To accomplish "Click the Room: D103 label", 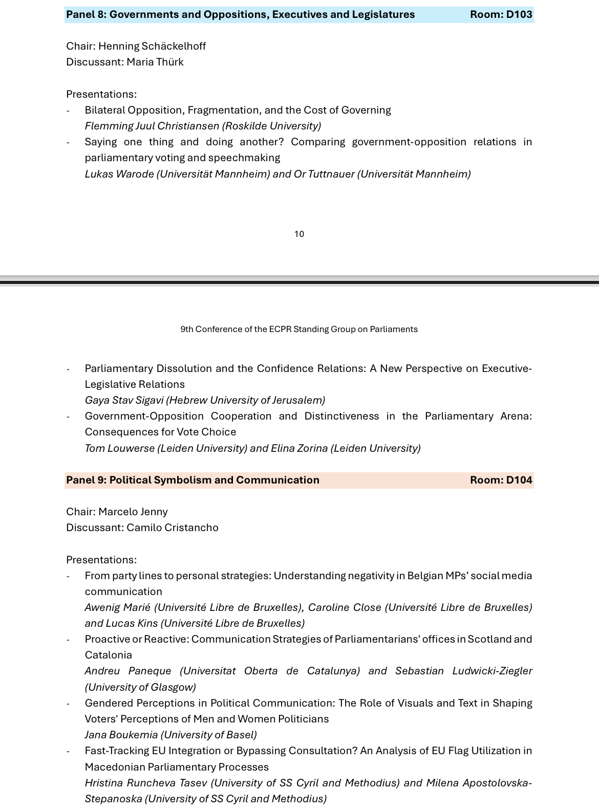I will [501, 14].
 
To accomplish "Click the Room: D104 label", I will [501, 480].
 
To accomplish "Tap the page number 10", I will [299, 234].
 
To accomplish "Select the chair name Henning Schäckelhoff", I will [152, 46].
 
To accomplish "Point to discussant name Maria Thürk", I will [155, 62].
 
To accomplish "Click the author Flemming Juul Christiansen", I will [152, 126].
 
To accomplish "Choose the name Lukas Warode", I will [119, 174].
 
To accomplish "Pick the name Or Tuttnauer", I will [324, 174].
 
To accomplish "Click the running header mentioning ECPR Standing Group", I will [299, 330].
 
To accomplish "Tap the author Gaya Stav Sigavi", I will [124, 400].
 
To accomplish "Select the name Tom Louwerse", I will [119, 448].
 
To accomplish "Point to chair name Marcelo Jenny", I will [133, 512].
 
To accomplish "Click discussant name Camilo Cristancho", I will [173, 528].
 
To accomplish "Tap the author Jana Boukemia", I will [121, 735].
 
